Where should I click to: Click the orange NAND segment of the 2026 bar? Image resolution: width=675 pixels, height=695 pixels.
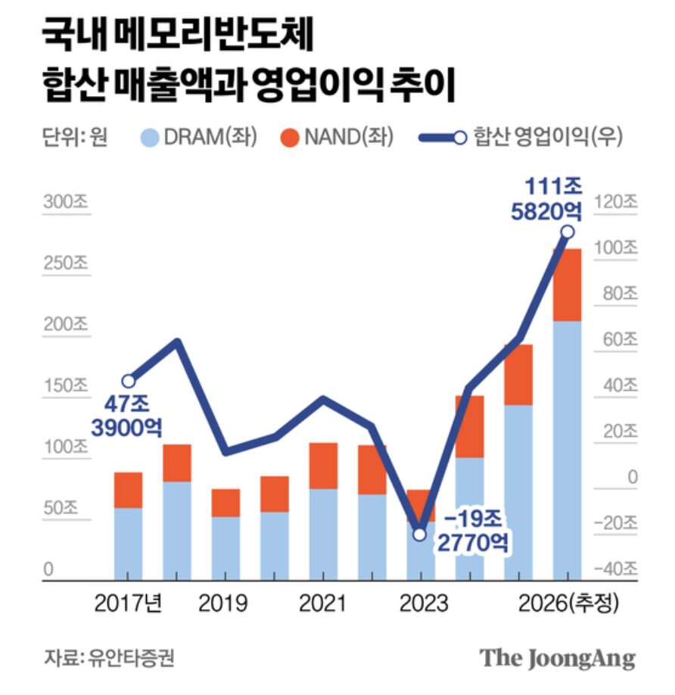pos(567,285)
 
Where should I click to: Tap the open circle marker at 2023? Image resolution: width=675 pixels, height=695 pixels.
pos(420,534)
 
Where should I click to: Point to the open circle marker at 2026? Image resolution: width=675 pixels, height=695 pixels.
pos(567,232)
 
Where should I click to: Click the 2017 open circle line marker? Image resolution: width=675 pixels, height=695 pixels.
pos(129,381)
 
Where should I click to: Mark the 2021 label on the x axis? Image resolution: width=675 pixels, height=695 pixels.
pos(322,603)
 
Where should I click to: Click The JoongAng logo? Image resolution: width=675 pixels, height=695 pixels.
pos(557,657)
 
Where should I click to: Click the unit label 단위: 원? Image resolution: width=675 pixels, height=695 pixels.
pos(74,137)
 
